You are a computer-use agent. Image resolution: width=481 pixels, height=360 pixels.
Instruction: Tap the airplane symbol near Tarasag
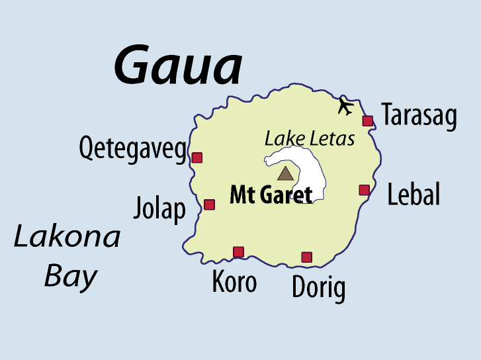[x=345, y=106]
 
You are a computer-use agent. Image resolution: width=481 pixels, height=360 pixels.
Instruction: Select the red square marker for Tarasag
[x=368, y=120]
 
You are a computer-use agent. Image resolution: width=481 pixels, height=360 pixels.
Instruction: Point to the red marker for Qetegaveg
[x=197, y=157]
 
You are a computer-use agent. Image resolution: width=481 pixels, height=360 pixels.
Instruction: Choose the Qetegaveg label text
[x=133, y=150]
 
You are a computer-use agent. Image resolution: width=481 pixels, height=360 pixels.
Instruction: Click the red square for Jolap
[x=209, y=204]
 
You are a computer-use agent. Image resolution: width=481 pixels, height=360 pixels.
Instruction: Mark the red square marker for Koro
[x=238, y=251]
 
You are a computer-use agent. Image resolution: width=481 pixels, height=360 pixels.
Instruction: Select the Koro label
[x=234, y=282]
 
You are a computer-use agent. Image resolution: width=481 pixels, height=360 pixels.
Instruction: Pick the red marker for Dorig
[x=306, y=257]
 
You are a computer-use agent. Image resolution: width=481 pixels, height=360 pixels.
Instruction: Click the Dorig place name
[x=318, y=289]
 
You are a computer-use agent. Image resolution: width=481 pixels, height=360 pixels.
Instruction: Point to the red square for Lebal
[x=364, y=190]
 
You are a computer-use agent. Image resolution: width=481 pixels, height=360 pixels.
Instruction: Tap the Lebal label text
[x=414, y=195]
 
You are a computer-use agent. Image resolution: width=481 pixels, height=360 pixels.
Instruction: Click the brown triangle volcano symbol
[x=284, y=174]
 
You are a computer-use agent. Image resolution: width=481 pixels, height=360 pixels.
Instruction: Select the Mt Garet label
[x=271, y=195]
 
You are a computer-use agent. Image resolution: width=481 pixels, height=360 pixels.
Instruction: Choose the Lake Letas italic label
[x=310, y=139]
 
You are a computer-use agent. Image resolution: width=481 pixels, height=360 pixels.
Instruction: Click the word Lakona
[x=67, y=237]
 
